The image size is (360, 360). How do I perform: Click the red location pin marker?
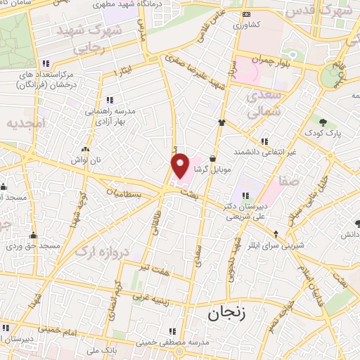click(x=181, y=165)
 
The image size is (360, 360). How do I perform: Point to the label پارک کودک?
click(x=323, y=133)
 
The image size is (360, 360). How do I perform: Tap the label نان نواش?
click(x=85, y=160)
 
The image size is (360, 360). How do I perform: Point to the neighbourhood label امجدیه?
click(x=25, y=123)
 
